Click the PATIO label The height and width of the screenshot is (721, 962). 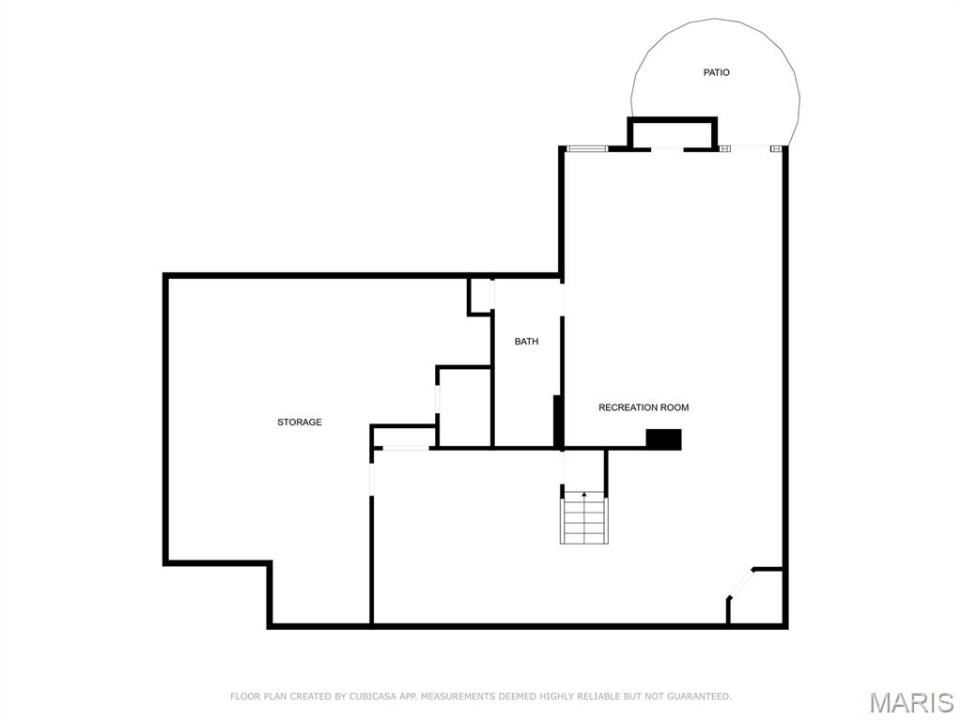716,72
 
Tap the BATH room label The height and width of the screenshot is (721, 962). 526,342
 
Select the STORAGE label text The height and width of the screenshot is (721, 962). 299,422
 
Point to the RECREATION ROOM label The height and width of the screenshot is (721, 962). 644,407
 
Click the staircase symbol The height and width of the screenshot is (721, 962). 584,519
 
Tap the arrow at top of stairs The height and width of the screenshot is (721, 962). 584,494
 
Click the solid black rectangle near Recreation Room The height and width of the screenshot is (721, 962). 663,438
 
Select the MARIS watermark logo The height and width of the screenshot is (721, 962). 911,702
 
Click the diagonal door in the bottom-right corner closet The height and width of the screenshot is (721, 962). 740,583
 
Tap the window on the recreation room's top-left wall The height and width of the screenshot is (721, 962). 586,148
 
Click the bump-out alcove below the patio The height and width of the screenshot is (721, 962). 672,134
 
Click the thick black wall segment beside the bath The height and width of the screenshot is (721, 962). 558,421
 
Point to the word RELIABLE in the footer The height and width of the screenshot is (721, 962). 594,697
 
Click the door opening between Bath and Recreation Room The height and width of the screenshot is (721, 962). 563,298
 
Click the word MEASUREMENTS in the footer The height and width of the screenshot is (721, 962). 458,697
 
